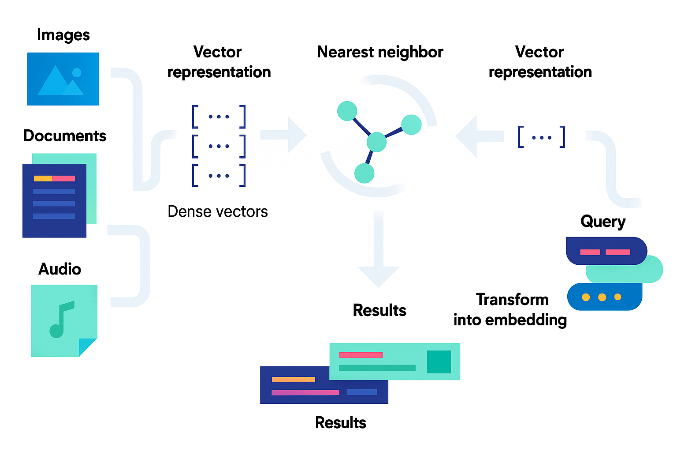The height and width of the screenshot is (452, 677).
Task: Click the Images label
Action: pyautogui.click(x=63, y=35)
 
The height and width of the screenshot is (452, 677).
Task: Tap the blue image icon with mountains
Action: pyautogui.click(x=63, y=79)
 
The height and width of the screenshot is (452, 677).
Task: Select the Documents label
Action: pyautogui.click(x=65, y=136)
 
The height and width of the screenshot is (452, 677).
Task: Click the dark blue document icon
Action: pyautogui.click(x=54, y=200)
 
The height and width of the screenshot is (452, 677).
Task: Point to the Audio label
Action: pyautogui.click(x=60, y=269)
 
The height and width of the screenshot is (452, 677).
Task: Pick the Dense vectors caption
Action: pyautogui.click(x=218, y=212)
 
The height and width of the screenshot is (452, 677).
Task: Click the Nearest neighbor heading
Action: pyautogui.click(x=380, y=52)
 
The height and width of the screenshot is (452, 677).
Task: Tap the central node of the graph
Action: pyautogui.click(x=376, y=142)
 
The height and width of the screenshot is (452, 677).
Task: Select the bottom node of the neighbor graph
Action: pyautogui.click(x=364, y=173)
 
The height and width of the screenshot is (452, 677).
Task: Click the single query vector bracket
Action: pyautogui.click(x=541, y=137)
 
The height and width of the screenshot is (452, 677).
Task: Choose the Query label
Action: pyautogui.click(x=603, y=222)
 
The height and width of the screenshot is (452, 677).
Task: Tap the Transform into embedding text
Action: pyautogui.click(x=510, y=310)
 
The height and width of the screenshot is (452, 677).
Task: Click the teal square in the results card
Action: pyautogui.click(x=439, y=362)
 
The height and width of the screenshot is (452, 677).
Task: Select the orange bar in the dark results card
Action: pyautogui.click(x=294, y=380)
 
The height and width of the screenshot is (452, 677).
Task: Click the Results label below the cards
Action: pyautogui.click(x=341, y=423)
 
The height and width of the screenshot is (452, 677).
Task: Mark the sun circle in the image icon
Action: pyautogui.click(x=77, y=72)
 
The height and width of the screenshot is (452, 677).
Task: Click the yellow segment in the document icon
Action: pyautogui.click(x=43, y=178)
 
